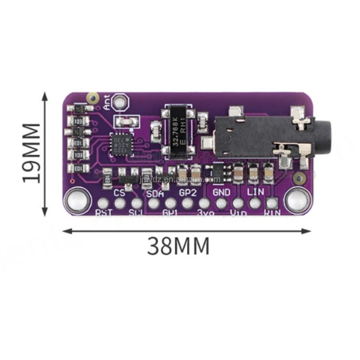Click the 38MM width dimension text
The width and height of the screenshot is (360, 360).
click(178, 246)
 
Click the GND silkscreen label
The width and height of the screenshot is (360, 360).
click(221, 192)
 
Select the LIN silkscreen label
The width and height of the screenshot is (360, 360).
click(255, 191)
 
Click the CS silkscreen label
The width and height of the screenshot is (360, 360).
click(119, 193)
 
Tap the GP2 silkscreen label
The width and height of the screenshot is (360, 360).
click(187, 193)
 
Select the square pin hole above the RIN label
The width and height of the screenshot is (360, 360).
click(272, 203)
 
